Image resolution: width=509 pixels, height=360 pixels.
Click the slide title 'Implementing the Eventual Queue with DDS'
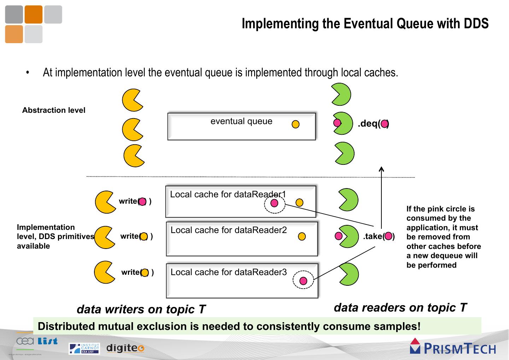(x=365, y=24)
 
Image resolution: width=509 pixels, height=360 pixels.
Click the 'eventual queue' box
(x=241, y=127)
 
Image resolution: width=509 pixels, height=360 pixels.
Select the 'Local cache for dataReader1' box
(x=240, y=202)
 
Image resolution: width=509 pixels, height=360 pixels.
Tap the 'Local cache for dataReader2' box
(x=242, y=239)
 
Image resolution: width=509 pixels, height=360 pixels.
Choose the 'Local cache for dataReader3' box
(x=242, y=280)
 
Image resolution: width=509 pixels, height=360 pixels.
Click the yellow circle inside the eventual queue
(x=296, y=124)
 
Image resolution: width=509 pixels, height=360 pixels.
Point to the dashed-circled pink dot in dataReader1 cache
(x=274, y=203)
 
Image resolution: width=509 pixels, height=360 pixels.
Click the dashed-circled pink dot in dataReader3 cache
(x=303, y=281)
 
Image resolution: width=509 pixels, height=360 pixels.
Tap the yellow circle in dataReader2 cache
(x=302, y=237)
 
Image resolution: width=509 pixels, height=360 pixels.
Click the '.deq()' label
(x=373, y=124)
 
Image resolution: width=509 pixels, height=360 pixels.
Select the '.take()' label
(x=379, y=236)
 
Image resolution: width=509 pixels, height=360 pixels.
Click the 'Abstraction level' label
(x=54, y=110)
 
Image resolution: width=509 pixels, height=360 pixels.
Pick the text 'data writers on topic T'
(x=141, y=309)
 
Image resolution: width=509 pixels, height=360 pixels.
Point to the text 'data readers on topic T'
(x=400, y=307)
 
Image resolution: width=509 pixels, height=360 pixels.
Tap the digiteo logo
(x=125, y=348)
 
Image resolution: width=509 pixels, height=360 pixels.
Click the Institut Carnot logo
(x=84, y=348)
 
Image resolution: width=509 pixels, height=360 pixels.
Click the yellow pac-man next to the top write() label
(x=105, y=202)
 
